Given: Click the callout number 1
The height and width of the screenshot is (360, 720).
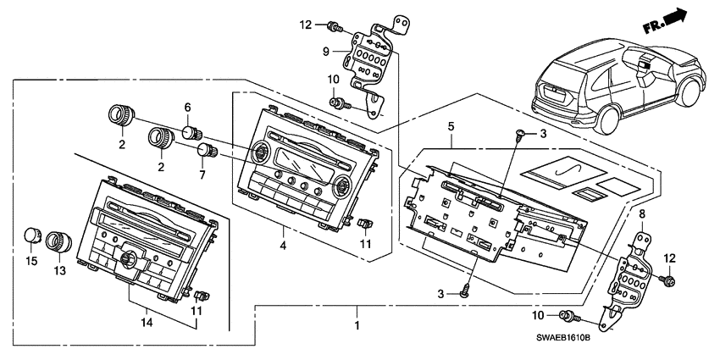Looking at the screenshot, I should (357, 325).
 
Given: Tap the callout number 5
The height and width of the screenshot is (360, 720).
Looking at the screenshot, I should (451, 126).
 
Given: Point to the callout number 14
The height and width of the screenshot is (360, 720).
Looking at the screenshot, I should (147, 323).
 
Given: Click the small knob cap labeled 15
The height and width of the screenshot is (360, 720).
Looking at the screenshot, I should (31, 235).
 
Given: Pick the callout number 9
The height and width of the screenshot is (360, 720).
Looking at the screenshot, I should (324, 52).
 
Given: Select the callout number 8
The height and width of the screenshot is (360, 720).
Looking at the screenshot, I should (641, 213).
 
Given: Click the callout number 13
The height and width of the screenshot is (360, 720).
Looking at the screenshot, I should (59, 271).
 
